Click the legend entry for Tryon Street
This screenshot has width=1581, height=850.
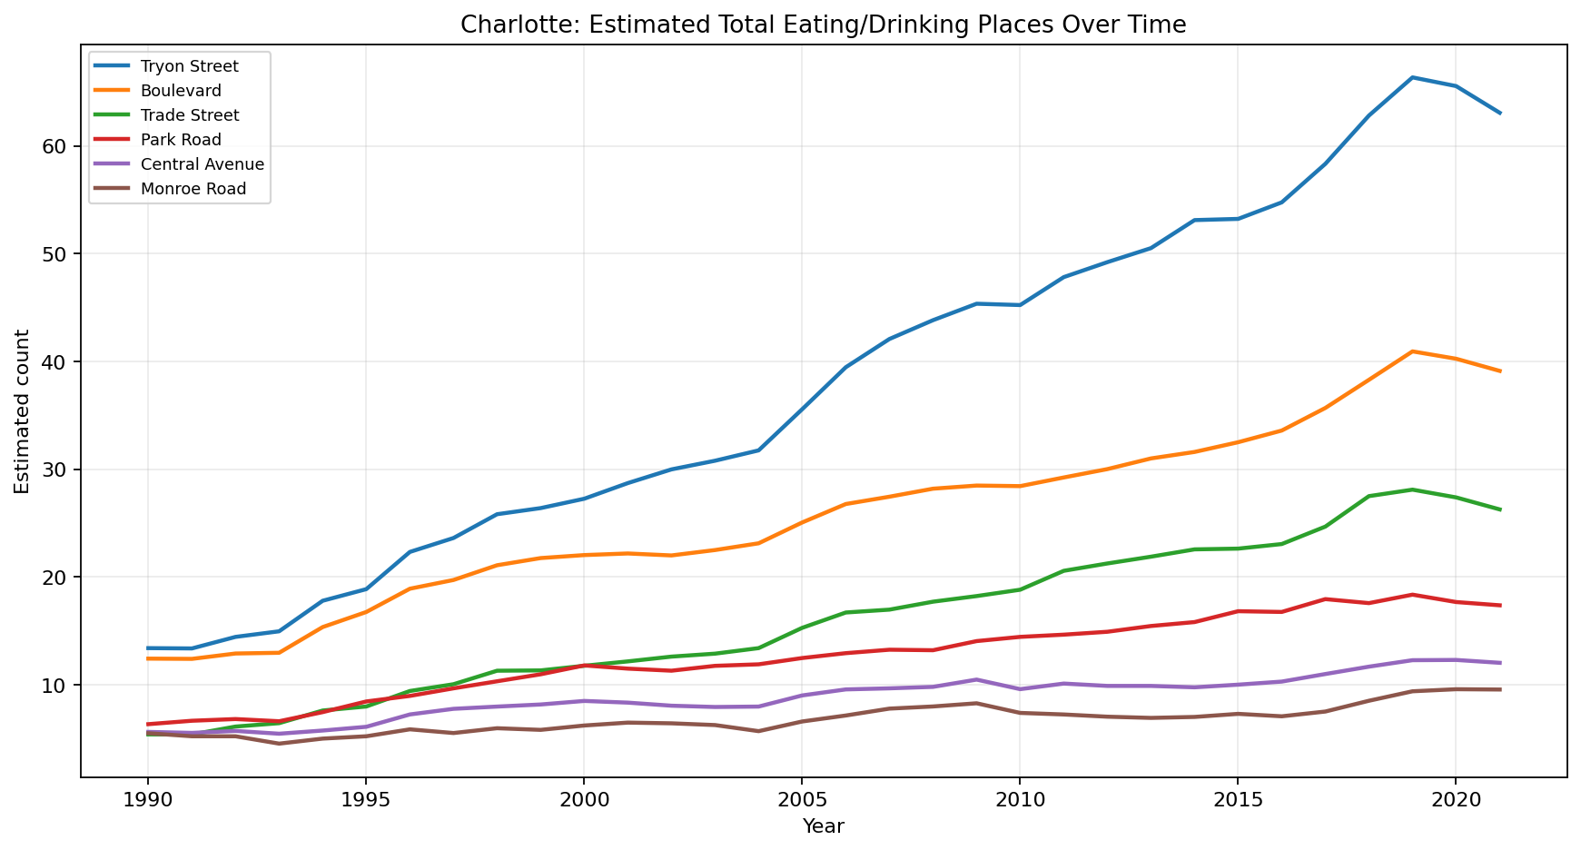(x=189, y=66)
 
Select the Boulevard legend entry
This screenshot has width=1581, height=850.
(x=181, y=91)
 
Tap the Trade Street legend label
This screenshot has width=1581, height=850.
(x=190, y=115)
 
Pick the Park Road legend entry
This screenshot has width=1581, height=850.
(x=181, y=140)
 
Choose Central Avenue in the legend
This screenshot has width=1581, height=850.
(x=203, y=164)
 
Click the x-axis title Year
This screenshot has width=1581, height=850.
(x=823, y=826)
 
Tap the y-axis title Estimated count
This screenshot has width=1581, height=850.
(x=22, y=411)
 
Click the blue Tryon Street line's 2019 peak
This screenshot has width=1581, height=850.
(x=1412, y=77)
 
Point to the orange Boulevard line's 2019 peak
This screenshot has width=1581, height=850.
(x=1412, y=351)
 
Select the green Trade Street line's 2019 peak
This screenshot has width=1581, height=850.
(x=1412, y=489)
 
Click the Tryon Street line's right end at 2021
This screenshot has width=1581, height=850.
(x=1499, y=114)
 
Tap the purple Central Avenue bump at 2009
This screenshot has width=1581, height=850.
(x=976, y=679)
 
